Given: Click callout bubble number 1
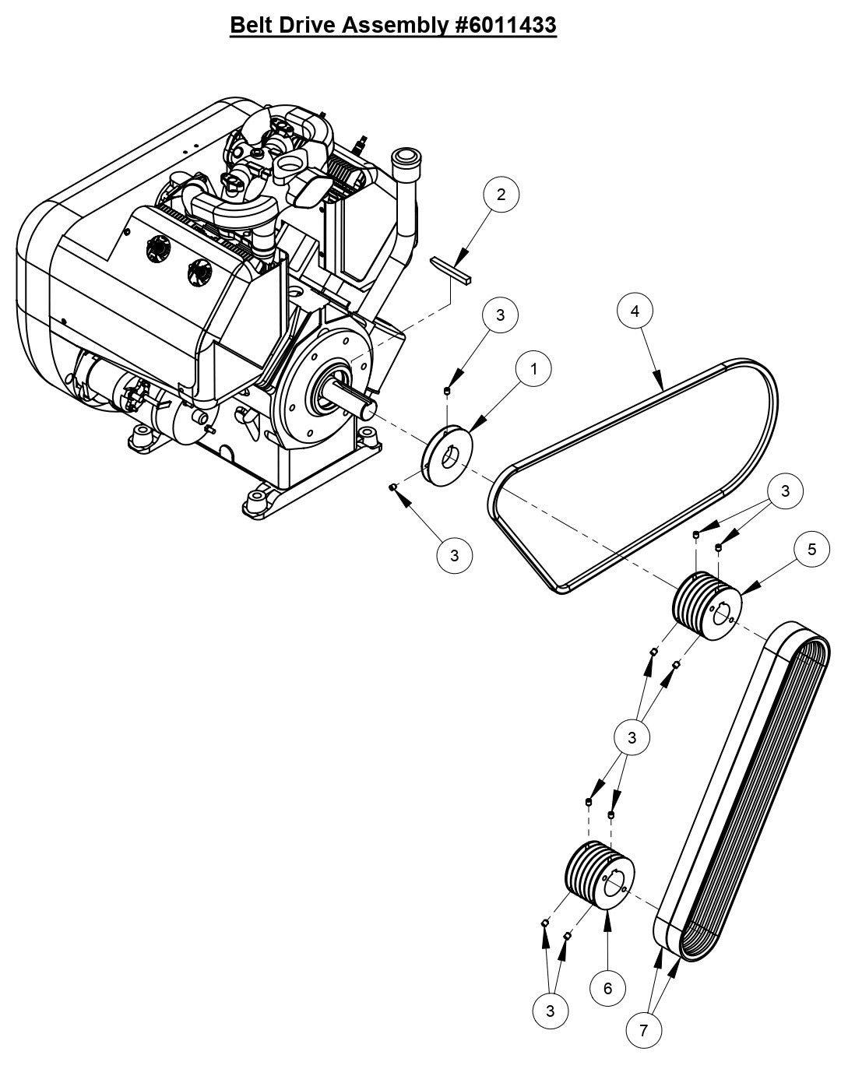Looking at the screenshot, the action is [534, 369].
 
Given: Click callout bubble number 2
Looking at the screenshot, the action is [501, 195].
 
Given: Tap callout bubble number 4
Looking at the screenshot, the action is [635, 311].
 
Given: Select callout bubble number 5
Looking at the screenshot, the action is [812, 550].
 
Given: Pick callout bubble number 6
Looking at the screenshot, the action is [608, 989].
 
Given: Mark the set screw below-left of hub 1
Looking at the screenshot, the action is [394, 487].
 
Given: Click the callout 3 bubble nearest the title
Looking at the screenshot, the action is [501, 315].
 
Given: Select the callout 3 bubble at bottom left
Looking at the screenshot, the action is [551, 1011].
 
